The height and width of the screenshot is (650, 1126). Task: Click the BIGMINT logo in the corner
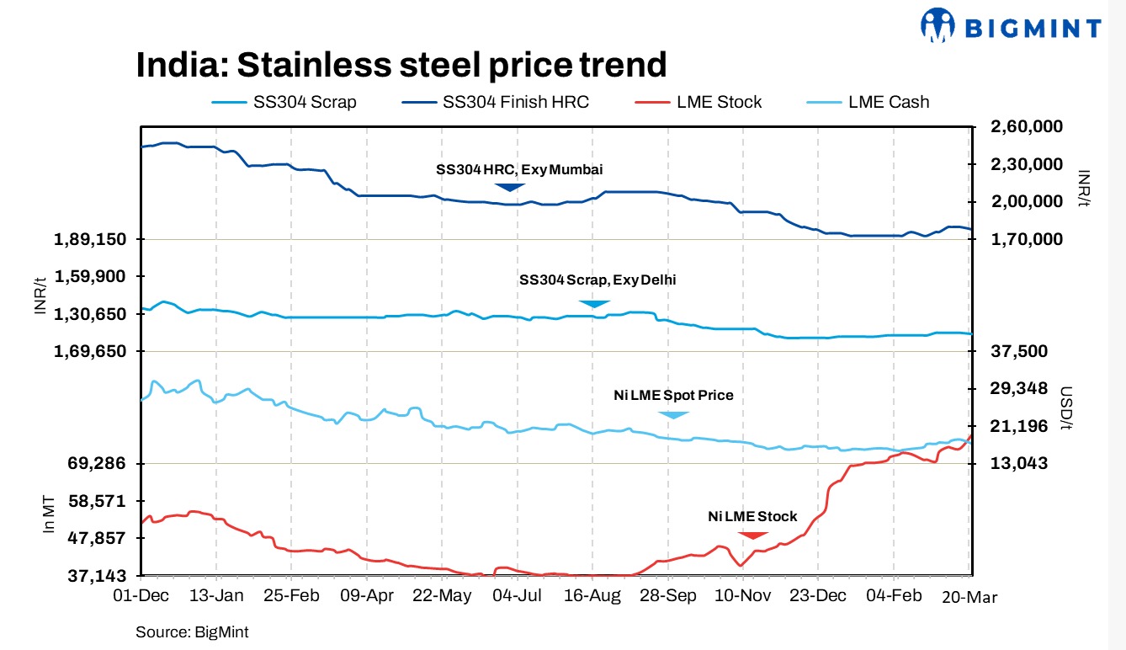point(1010,26)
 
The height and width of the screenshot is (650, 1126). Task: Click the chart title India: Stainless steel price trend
point(401,65)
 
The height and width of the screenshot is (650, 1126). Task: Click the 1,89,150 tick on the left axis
point(90,240)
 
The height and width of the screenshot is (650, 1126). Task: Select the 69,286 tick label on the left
point(96,464)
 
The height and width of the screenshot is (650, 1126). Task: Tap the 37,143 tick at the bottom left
point(96,576)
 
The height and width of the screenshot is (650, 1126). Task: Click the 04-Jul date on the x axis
point(516,596)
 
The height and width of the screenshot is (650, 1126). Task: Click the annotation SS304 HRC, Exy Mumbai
point(518,169)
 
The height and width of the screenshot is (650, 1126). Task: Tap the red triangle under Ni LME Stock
point(752,535)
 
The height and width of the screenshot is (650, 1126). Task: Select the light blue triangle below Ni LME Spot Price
point(673,414)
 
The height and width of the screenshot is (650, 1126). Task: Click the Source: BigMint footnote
point(192,631)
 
